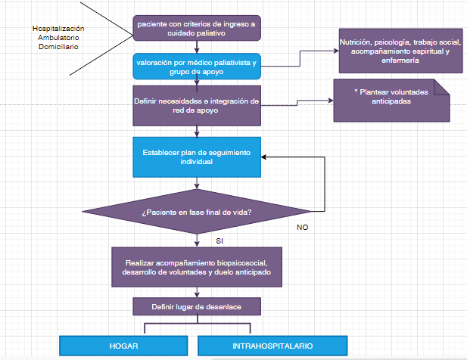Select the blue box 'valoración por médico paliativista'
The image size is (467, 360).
[197, 67]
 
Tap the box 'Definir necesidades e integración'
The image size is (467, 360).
[197, 105]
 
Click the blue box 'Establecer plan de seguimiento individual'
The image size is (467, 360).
[197, 157]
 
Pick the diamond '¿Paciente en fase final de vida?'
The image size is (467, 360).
[197, 212]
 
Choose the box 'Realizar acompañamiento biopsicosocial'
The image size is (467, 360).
[197, 267]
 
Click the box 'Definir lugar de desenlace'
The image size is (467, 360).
[197, 306]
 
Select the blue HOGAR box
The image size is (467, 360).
[123, 346]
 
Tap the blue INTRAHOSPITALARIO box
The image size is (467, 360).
[272, 346]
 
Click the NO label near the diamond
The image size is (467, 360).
[301, 226]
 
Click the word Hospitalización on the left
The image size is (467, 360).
[58, 29]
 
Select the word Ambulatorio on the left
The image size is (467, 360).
[58, 38]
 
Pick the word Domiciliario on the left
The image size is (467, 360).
[58, 47]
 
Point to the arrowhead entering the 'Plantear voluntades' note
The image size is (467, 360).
[330, 100]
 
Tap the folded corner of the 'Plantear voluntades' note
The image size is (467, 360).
[442, 86]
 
